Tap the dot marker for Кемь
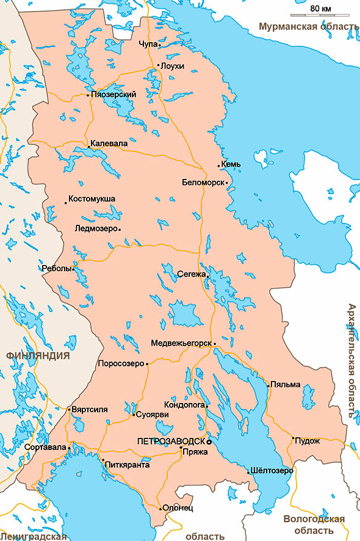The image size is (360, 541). (x=219, y=165)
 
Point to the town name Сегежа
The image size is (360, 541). (x=191, y=274)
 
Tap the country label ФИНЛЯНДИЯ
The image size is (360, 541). (x=37, y=355)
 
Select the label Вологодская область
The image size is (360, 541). (x=314, y=525)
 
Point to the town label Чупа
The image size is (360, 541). (x=146, y=44)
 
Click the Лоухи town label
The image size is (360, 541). (x=171, y=66)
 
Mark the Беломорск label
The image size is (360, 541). (x=203, y=182)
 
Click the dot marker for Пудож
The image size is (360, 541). (x=293, y=438)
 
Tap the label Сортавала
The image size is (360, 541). (x=45, y=447)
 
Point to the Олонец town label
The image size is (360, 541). (x=178, y=508)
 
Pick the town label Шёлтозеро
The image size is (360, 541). (x=272, y=471)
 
